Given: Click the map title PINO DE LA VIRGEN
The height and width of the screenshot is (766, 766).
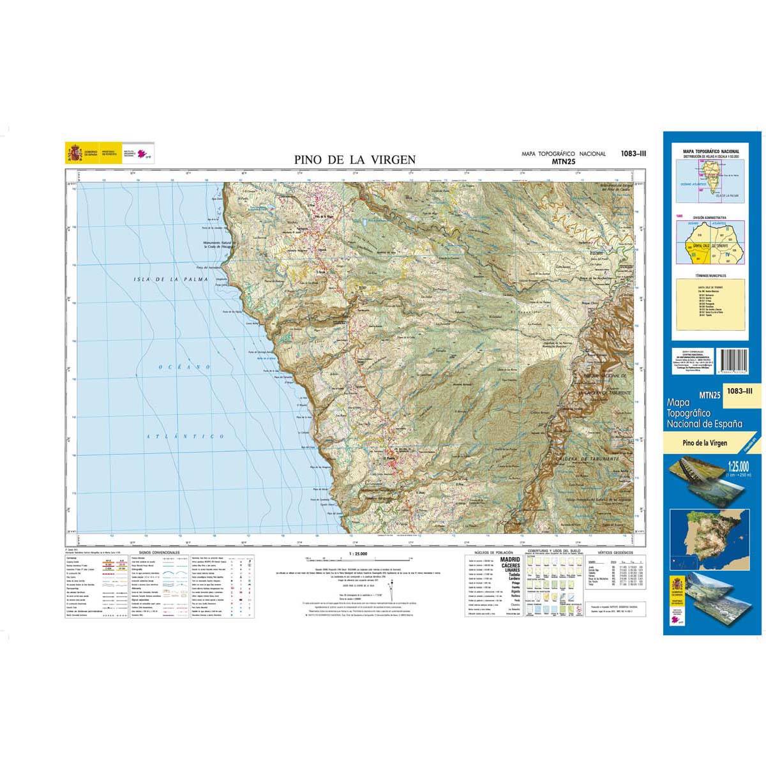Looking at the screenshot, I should (356, 160).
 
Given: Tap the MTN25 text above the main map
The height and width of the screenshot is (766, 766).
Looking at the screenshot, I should (562, 162).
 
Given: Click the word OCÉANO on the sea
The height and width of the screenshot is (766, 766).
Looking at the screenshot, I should (181, 366).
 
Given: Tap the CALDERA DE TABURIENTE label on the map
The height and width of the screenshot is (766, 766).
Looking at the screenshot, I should (590, 459).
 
